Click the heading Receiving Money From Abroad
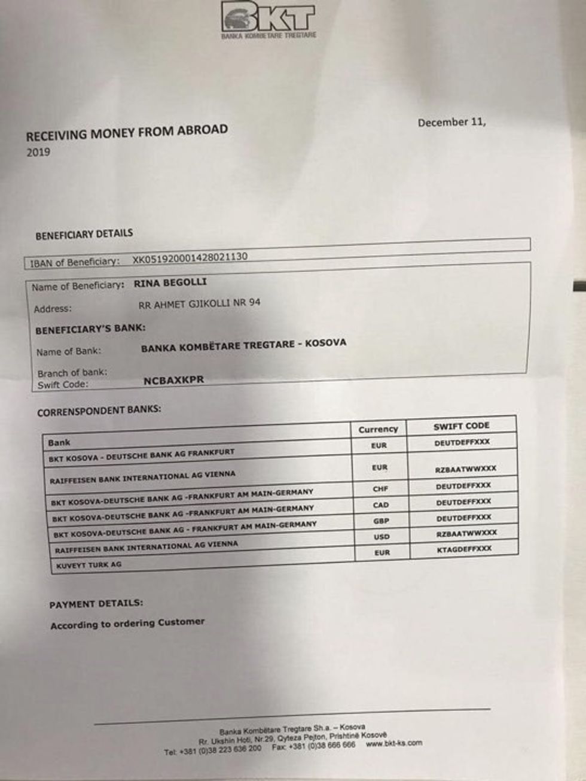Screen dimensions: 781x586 click(x=127, y=132)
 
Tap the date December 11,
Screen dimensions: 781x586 click(x=451, y=122)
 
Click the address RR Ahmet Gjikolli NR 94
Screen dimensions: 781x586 click(x=199, y=303)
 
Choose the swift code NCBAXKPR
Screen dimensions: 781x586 click(x=174, y=380)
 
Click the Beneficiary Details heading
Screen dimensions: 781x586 click(x=84, y=234)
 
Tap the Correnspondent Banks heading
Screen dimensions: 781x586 click(x=99, y=411)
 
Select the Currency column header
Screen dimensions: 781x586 click(x=378, y=429)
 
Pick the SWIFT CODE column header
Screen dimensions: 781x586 click(x=461, y=426)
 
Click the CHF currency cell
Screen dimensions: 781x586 click(x=380, y=489)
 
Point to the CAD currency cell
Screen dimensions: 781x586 click(x=381, y=505)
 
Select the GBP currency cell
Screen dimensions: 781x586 click(x=381, y=521)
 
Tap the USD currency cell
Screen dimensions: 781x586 click(x=381, y=537)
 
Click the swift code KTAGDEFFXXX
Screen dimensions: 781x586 click(x=464, y=548)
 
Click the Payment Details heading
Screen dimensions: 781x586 click(x=96, y=604)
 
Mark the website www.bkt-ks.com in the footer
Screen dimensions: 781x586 click(x=393, y=743)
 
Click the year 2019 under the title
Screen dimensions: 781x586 click(x=38, y=152)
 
